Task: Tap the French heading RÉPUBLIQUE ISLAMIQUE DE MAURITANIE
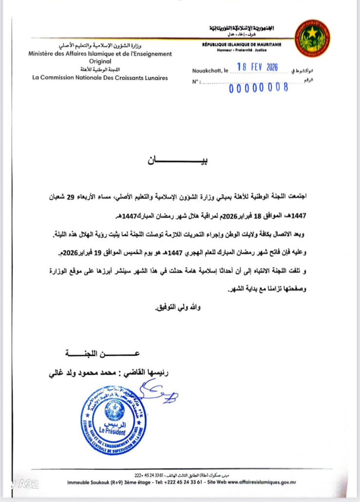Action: [x=242, y=45]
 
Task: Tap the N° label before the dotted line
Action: [x=196, y=82]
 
